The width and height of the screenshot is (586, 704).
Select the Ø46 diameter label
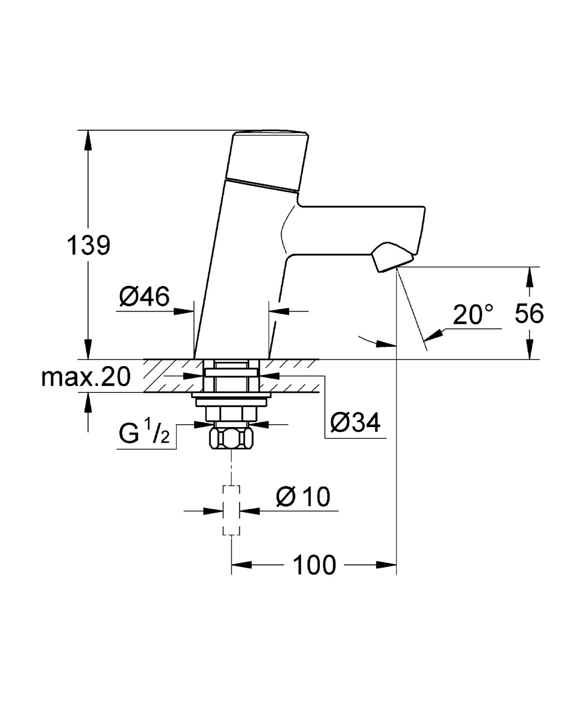tap(144, 297)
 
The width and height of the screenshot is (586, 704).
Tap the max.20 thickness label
tap(85, 377)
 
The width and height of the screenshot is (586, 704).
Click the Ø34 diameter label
tap(355, 423)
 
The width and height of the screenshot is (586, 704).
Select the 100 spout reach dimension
tap(314, 565)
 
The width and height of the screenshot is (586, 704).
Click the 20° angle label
tap(473, 315)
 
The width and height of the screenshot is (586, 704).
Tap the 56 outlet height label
tap(529, 313)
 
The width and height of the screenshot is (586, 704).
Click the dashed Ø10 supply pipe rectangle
tap(231, 510)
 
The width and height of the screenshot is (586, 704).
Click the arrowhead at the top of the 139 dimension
tap(88, 138)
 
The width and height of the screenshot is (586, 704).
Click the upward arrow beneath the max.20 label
tap(88, 401)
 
